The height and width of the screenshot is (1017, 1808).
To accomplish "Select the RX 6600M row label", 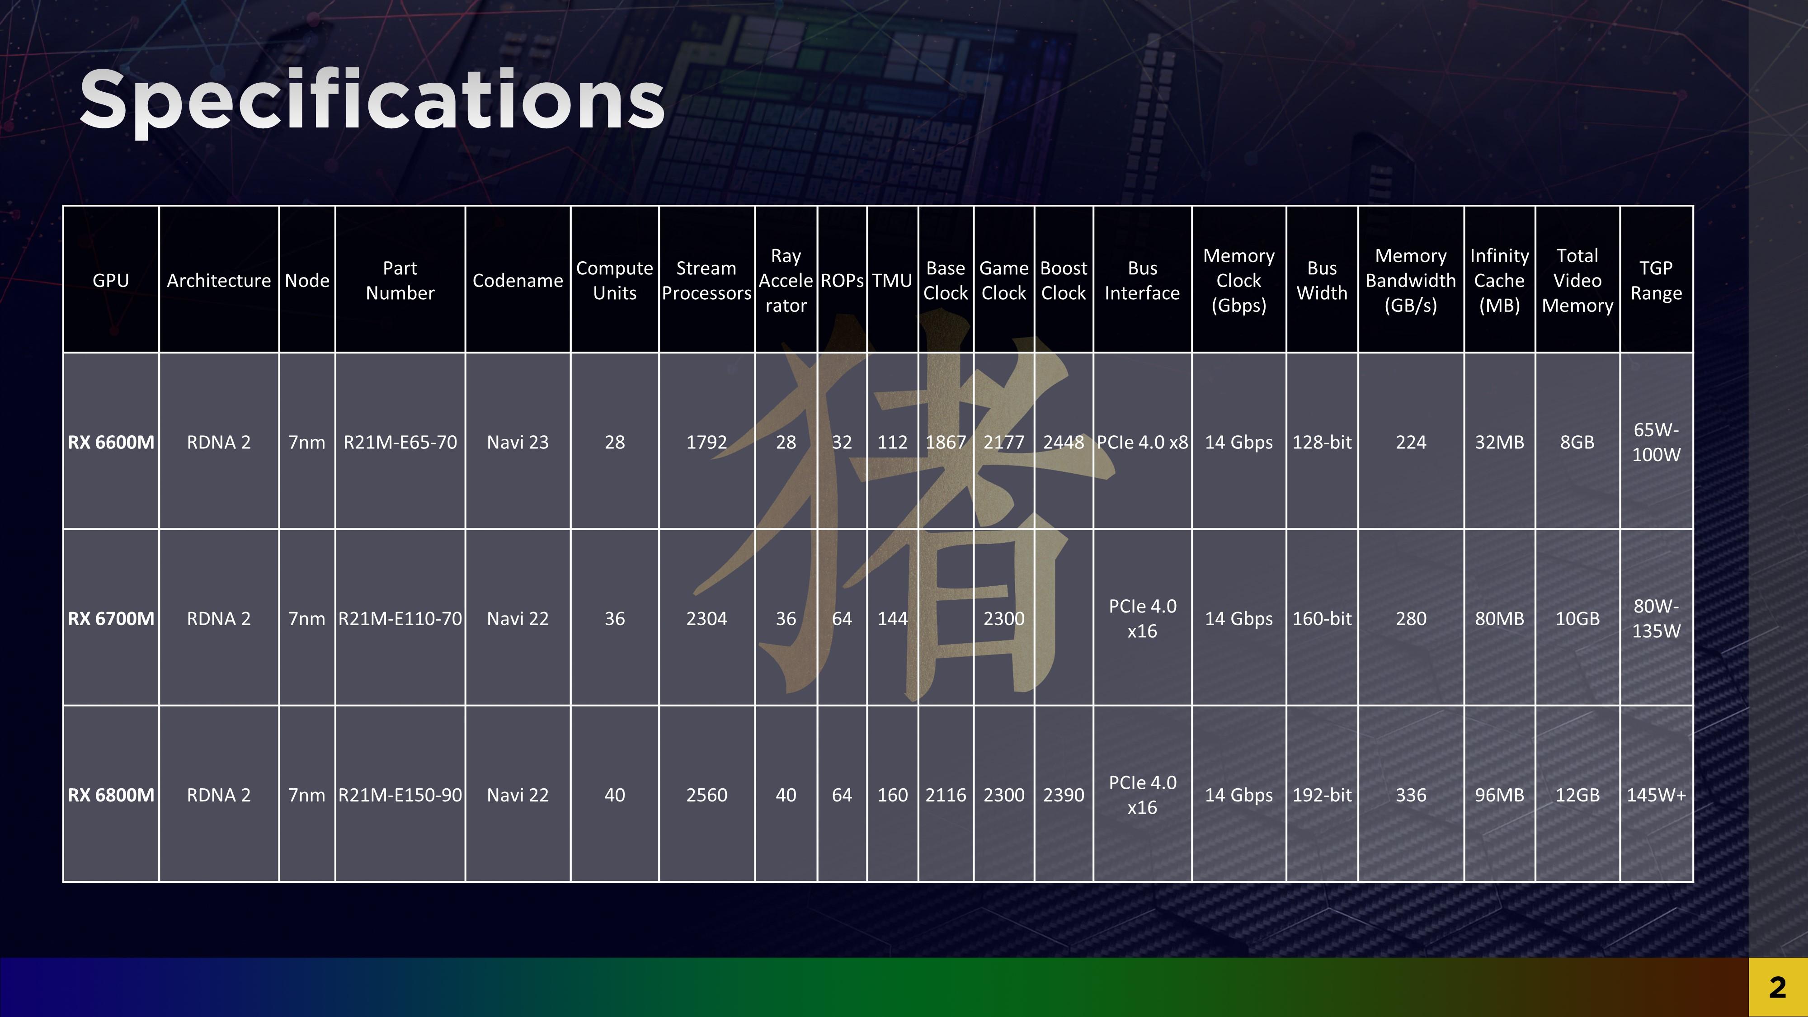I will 111,442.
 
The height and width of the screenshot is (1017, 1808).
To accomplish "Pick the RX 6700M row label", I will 111,618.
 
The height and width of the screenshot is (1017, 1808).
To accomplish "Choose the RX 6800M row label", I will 111,795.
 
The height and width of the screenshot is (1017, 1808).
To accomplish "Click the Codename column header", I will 517,281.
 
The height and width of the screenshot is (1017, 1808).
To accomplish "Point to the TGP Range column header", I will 1656,281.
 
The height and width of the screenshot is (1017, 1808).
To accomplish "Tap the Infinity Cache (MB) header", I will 1499,281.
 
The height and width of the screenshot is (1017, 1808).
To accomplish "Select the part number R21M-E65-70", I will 400,442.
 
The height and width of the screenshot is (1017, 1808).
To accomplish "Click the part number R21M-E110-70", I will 400,618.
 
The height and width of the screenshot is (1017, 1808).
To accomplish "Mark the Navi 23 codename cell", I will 517,442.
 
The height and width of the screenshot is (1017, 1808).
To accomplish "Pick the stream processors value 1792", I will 706,442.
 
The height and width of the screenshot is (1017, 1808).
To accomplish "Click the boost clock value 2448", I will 1063,442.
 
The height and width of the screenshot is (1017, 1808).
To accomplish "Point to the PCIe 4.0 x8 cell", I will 1142,442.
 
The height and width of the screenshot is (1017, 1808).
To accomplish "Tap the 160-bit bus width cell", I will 1322,618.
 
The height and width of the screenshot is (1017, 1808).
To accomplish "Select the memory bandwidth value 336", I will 1411,795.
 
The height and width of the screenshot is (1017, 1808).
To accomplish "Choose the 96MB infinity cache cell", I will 1499,795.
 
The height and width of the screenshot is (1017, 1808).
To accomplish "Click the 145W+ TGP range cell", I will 1656,795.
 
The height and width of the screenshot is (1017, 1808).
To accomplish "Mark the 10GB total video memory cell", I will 1577,618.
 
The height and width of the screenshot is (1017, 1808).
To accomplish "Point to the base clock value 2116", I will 946,795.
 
